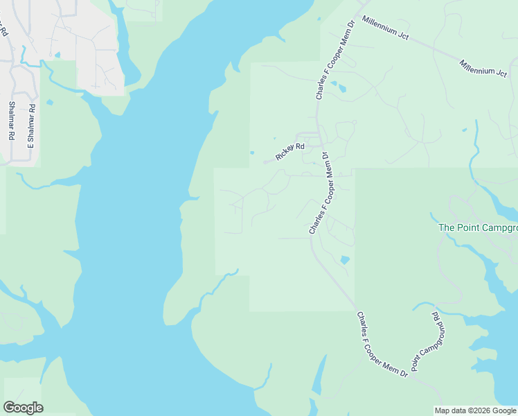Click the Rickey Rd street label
pos(290,152)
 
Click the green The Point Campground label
pos(478,227)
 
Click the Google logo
pos(23,408)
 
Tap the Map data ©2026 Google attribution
pos(475,410)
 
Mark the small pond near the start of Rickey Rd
pos(251,153)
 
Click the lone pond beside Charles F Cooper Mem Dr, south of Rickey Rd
pos(345,260)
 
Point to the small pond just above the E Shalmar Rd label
pos(48,103)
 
